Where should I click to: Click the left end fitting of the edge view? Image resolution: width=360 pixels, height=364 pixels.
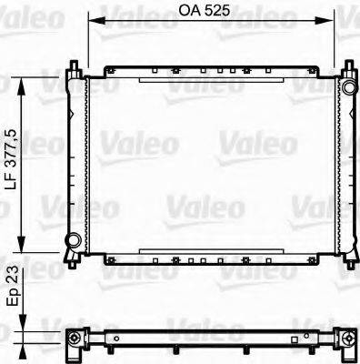pos(74,340)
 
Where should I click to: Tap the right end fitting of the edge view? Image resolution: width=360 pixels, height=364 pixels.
pos(348,340)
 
